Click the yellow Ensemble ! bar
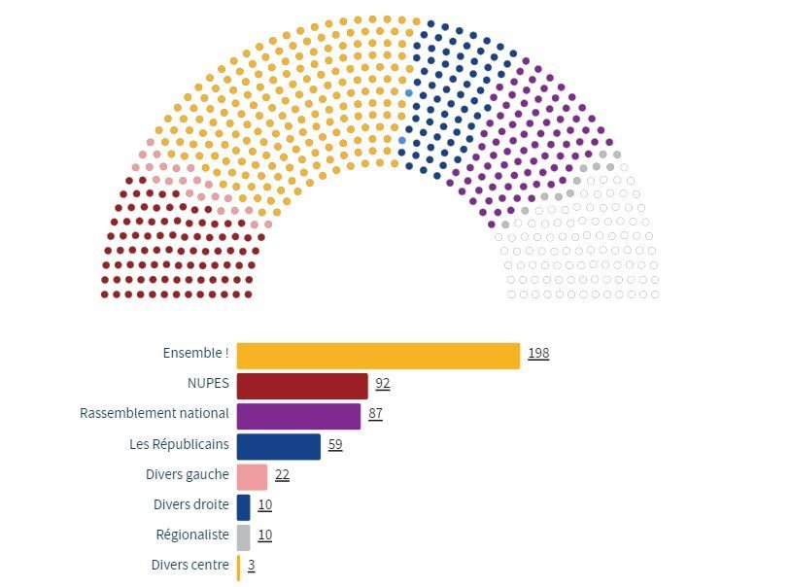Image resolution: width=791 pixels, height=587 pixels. pos(378,356)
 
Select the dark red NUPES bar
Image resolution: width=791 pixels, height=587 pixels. pos(302,386)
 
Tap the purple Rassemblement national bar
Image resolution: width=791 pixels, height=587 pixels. pos(298,416)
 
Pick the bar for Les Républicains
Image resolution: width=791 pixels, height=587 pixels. pos(278,446)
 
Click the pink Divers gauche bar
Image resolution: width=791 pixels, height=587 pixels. pos(252,476)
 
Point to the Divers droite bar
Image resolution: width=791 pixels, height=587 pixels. pos(243,506)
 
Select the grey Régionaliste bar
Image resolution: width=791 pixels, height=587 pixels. pos(243,536)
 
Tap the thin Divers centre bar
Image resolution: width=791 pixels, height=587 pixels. pos(238,567)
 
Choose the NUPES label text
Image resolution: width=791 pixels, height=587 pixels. pos(208,384)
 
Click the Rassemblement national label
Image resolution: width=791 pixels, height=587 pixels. pos(155,414)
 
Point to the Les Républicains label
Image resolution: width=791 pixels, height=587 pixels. pos(179,444)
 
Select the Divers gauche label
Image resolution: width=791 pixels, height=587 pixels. pos(188,474)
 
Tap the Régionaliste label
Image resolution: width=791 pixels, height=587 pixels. pos(192,535)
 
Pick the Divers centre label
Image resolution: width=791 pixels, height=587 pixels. pos(189,565)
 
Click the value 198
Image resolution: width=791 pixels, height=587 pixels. pos(538,354)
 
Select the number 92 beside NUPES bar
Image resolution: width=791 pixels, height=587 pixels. pos(383,384)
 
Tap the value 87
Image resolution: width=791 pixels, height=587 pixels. pos(375,414)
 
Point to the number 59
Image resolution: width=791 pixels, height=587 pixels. pos(335,445)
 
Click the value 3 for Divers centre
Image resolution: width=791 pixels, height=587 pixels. pos(251,566)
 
